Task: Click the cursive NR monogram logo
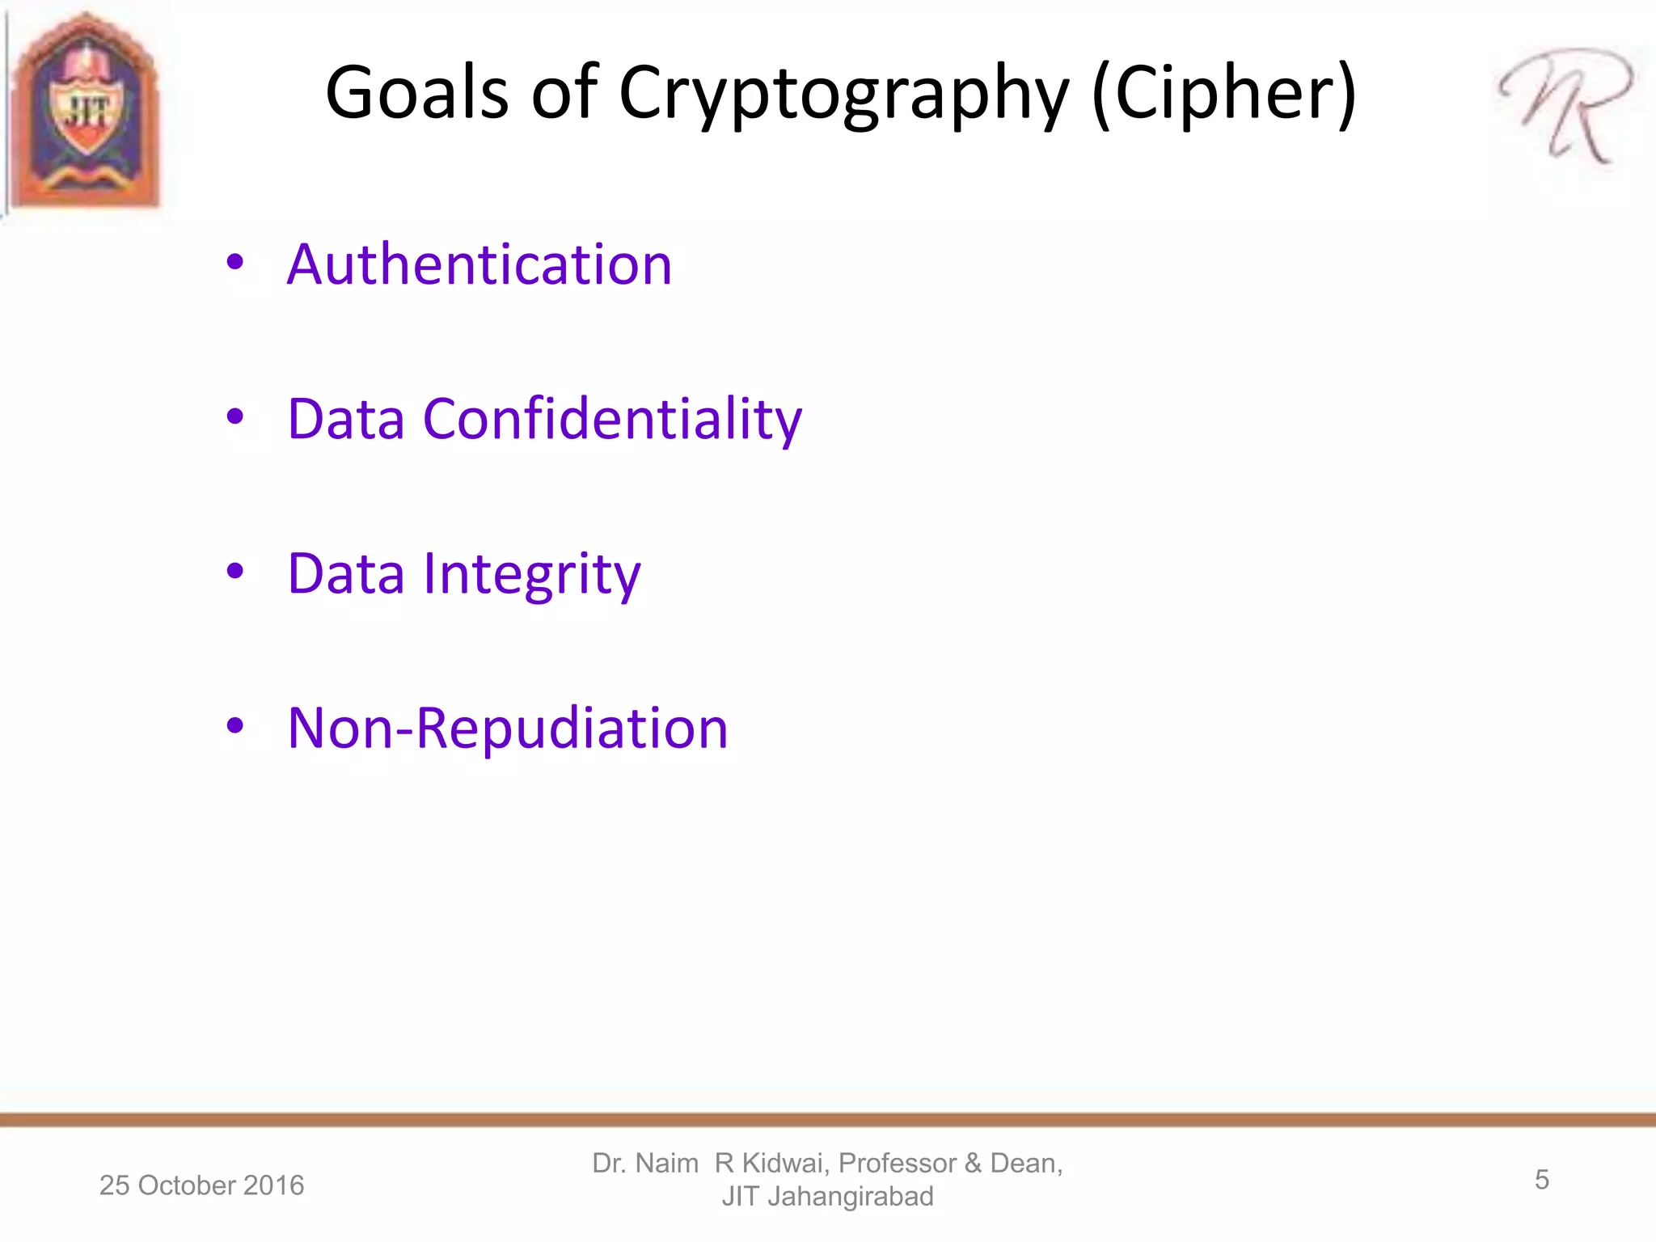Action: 1565,105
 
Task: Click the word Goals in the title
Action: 417,92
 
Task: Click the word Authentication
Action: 479,264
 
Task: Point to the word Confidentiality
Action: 612,419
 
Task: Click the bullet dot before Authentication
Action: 235,262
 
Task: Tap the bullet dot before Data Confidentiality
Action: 235,416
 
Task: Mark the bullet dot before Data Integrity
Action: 235,571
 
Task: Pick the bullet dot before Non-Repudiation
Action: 235,725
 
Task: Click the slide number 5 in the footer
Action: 1541,1180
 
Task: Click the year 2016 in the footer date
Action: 273,1185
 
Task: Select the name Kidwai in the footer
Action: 785,1163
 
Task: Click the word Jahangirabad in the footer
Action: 850,1196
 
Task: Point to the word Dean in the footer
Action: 1025,1163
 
